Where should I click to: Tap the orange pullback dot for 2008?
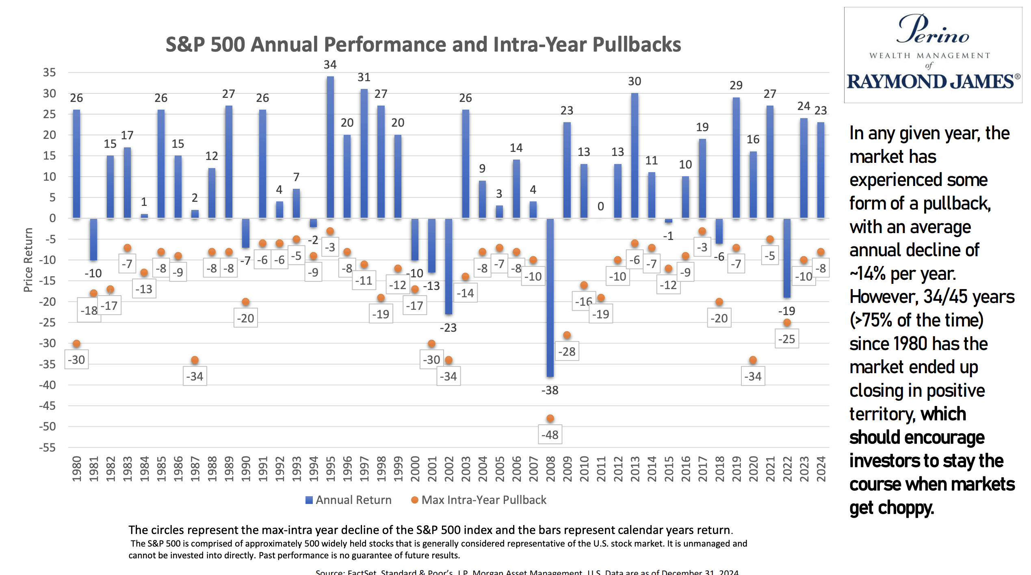[x=550, y=418]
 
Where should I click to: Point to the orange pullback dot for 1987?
[x=195, y=360]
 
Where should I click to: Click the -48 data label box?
[x=550, y=435]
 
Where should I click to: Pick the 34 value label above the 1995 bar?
[x=330, y=65]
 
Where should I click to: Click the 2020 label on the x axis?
[x=753, y=469]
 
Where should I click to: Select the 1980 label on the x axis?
[x=76, y=469]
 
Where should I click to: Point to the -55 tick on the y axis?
[x=48, y=447]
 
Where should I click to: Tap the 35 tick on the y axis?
[x=50, y=72]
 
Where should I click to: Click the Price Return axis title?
[x=28, y=260]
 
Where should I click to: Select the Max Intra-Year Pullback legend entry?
[x=479, y=500]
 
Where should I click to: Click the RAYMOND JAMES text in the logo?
[x=931, y=82]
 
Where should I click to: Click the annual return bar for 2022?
[x=787, y=258]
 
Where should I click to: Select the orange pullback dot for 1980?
[x=76, y=344]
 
